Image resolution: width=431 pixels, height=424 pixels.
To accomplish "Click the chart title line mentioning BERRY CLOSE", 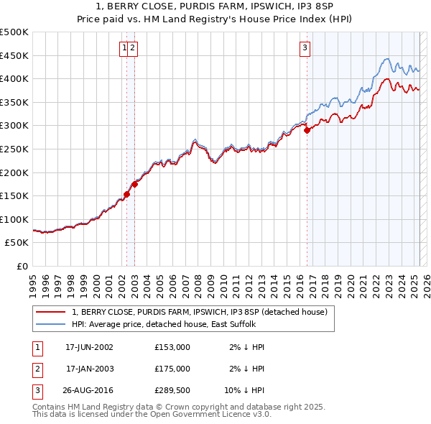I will (x=215, y=6).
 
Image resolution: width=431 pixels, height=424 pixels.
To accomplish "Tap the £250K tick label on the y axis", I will (x=14, y=149).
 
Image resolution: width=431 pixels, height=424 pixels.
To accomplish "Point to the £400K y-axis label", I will (x=14, y=78).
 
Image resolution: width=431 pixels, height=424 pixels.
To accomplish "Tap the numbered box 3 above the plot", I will (x=305, y=48).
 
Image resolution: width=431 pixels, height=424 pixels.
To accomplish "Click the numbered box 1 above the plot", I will (x=125, y=48).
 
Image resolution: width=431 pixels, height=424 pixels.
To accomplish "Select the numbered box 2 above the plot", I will (x=134, y=48).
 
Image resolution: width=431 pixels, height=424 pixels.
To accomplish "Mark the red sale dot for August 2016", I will (x=307, y=131).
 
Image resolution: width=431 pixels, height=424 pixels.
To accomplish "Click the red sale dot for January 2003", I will (x=134, y=184).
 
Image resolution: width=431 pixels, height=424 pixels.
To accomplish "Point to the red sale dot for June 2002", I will (x=127, y=194).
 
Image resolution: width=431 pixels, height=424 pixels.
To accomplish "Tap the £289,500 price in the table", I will (x=172, y=392).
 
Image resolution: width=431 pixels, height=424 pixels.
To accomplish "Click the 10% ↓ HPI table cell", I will (x=244, y=392).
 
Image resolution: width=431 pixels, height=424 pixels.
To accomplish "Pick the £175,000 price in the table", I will (x=172, y=369).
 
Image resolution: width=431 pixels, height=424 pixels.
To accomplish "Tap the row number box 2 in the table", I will (x=37, y=369).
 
